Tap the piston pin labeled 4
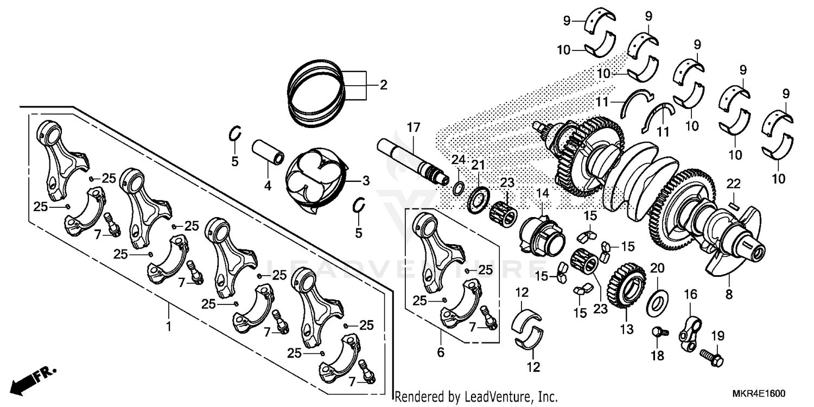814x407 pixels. pos(269,152)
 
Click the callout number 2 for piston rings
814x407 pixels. pos(383,85)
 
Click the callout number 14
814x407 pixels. pos(543,193)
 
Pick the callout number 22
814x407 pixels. pos(734,183)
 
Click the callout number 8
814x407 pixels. pos(728,295)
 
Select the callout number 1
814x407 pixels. pos(169,327)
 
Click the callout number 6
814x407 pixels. pos(441,353)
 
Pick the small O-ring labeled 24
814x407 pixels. pos(458,188)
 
